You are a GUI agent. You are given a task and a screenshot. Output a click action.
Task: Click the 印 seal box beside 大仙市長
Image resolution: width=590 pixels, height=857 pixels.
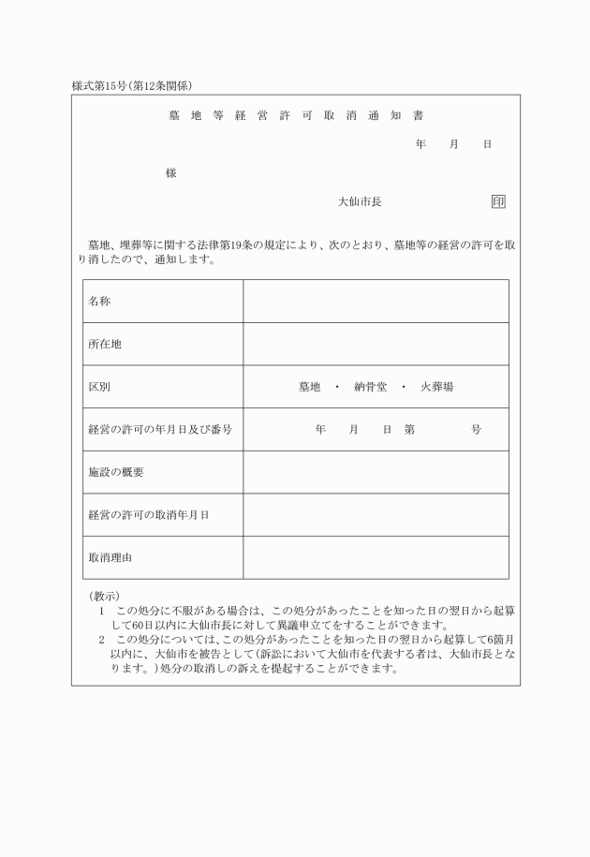pos(498,201)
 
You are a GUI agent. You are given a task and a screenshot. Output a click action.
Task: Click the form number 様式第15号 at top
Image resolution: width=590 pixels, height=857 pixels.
pos(102,86)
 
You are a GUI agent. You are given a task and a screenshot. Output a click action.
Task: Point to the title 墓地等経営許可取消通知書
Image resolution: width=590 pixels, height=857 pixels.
pos(295,116)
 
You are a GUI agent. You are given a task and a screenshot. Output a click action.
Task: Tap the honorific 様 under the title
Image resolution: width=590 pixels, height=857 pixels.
pos(170,173)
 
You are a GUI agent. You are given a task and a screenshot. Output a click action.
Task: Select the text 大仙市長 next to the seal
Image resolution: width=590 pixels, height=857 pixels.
pos(360,201)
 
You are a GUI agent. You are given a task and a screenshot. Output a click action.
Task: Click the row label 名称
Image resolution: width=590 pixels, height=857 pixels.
pos(99,302)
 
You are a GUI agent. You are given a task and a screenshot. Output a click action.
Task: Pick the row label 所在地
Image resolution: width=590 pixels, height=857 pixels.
pos(105,344)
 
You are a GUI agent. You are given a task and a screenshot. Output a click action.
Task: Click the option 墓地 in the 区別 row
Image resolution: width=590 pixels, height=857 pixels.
pos(309,387)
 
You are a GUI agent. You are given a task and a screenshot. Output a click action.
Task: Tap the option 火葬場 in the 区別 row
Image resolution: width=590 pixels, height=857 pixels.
pos(437,387)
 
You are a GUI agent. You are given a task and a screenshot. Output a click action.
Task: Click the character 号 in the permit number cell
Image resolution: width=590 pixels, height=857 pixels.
pos(476,430)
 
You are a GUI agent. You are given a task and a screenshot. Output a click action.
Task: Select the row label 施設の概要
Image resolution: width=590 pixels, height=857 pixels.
pos(116,472)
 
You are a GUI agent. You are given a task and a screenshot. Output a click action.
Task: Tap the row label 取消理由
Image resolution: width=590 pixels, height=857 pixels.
pos(111,557)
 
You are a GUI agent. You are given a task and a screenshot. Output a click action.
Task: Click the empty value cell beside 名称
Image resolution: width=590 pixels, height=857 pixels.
pos(376,302)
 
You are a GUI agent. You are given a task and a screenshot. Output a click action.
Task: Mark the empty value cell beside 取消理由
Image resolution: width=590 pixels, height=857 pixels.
pos(376,557)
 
